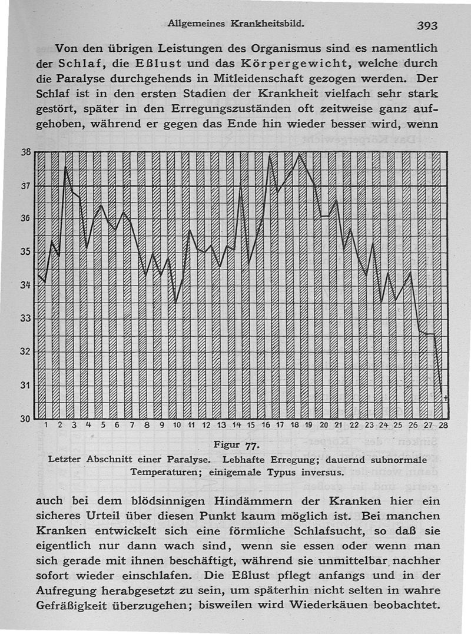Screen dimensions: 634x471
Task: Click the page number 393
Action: (x=427, y=26)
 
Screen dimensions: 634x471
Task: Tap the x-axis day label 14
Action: (x=237, y=425)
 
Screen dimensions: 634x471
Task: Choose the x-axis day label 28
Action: (x=443, y=425)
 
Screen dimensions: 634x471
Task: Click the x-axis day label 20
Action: (x=324, y=425)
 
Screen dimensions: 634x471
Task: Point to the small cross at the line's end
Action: (x=446, y=399)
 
